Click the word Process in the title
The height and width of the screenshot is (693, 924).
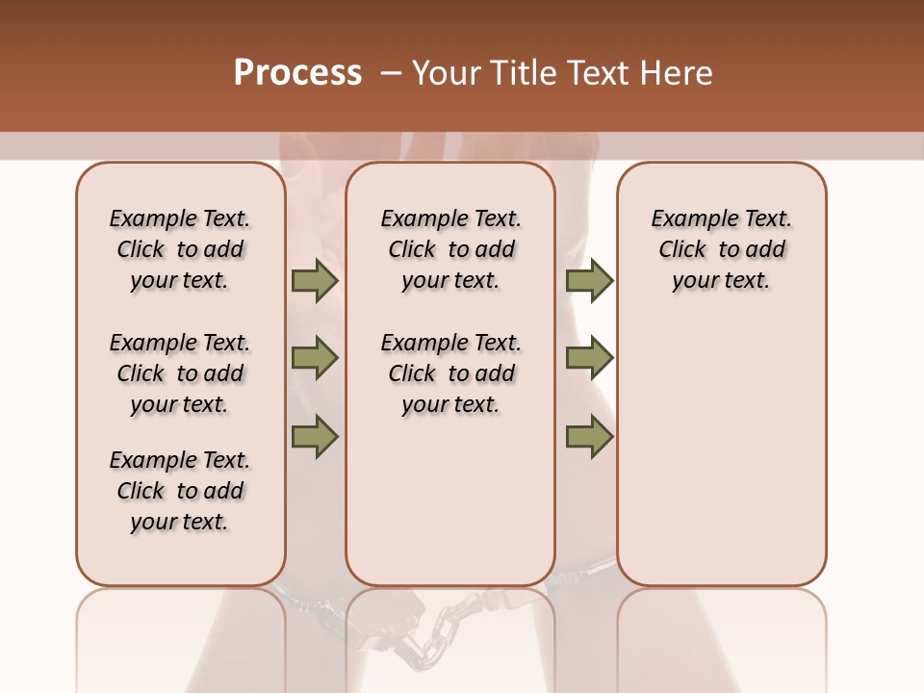[297, 73]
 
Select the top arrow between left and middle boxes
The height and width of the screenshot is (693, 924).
[315, 280]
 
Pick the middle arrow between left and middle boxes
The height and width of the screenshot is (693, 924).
[315, 358]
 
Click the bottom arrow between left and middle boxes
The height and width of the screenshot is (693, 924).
[315, 436]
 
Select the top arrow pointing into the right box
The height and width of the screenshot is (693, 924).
[589, 280]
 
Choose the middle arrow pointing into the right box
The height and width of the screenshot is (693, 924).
[589, 358]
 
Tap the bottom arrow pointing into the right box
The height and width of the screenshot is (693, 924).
[589, 436]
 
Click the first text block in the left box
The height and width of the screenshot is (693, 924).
[180, 249]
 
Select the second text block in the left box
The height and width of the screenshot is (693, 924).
[180, 373]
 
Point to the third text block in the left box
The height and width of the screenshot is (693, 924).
[180, 491]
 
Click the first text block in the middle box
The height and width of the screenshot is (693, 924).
[450, 249]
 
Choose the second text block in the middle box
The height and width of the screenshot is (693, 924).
[450, 373]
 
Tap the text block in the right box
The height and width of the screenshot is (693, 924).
[721, 249]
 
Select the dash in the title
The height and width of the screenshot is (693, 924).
[392, 73]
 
